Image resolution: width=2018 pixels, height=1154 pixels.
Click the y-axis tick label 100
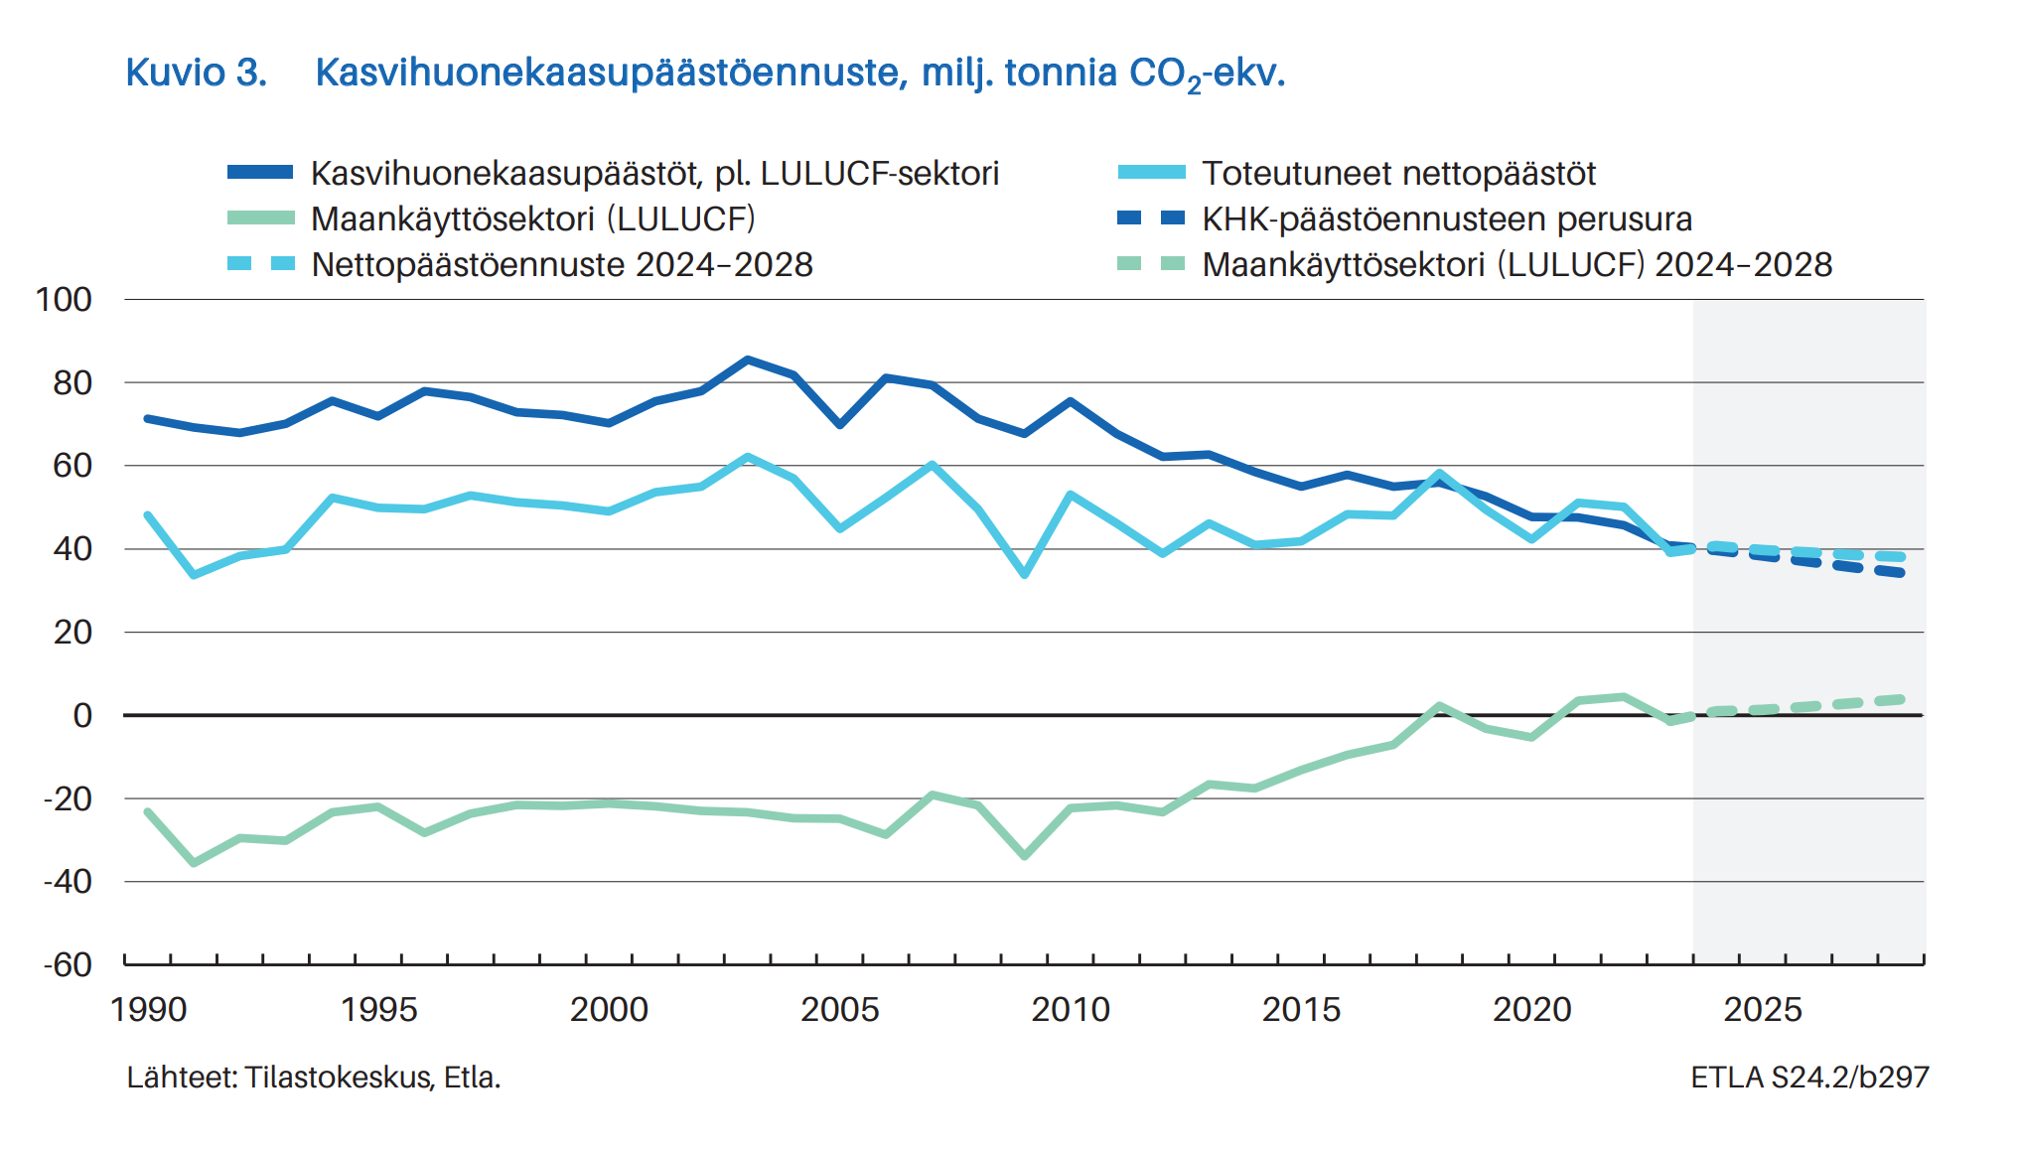tap(64, 300)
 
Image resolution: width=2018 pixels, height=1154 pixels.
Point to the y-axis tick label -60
tap(67, 964)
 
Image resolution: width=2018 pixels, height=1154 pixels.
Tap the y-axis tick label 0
tap(82, 715)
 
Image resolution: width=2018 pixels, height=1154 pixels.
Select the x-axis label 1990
tap(148, 1010)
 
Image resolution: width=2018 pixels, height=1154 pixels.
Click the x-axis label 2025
tap(1762, 1010)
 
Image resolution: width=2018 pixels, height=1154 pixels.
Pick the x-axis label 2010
tap(1070, 1010)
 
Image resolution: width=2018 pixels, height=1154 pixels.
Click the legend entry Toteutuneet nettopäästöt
tap(1398, 174)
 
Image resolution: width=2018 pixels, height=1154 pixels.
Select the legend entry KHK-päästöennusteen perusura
tap(1446, 219)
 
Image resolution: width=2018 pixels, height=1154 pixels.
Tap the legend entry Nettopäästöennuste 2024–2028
tap(561, 265)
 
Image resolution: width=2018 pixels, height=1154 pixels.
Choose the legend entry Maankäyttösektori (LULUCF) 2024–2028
tap(1516, 265)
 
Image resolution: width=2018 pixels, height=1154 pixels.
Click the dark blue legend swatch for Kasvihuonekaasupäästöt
tap(260, 173)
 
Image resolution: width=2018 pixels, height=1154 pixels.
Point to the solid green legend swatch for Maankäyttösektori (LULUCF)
tap(260, 218)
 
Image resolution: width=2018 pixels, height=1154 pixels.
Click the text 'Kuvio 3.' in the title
tap(197, 72)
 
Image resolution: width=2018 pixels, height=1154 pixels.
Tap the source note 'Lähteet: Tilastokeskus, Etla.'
tap(314, 1078)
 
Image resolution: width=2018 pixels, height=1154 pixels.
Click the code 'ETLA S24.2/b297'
tap(1809, 1078)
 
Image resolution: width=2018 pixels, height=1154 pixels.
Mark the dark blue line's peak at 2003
tap(748, 360)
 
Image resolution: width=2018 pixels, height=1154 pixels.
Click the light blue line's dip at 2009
tap(1024, 574)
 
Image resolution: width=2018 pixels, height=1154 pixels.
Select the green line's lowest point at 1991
tap(194, 863)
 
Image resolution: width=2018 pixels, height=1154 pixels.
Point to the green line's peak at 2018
tap(1439, 706)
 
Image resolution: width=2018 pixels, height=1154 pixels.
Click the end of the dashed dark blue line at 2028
tap(1901, 573)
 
